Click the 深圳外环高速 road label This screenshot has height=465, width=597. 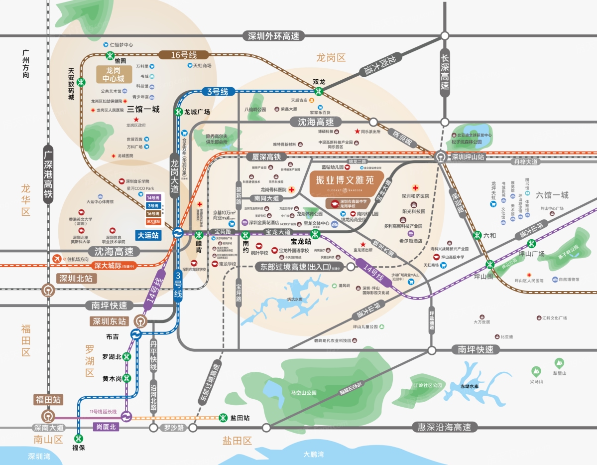(273, 36)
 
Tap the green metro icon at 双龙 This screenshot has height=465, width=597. (319, 91)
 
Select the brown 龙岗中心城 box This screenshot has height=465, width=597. (114, 74)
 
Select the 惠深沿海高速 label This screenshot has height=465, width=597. (445, 427)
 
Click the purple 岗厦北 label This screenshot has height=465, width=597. (106, 427)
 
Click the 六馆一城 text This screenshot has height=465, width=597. (551, 195)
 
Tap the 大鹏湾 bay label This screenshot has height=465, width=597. (313, 454)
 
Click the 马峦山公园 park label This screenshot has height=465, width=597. (304, 393)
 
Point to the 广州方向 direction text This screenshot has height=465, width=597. (26, 64)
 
